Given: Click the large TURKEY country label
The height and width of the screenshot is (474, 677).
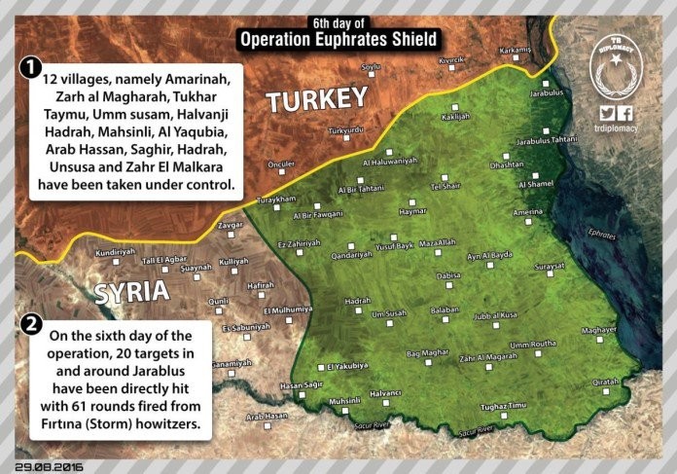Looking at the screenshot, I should [316, 99].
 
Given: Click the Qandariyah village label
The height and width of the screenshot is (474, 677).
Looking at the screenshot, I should [352, 254].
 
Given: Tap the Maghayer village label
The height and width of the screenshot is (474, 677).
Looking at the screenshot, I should [599, 330].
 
